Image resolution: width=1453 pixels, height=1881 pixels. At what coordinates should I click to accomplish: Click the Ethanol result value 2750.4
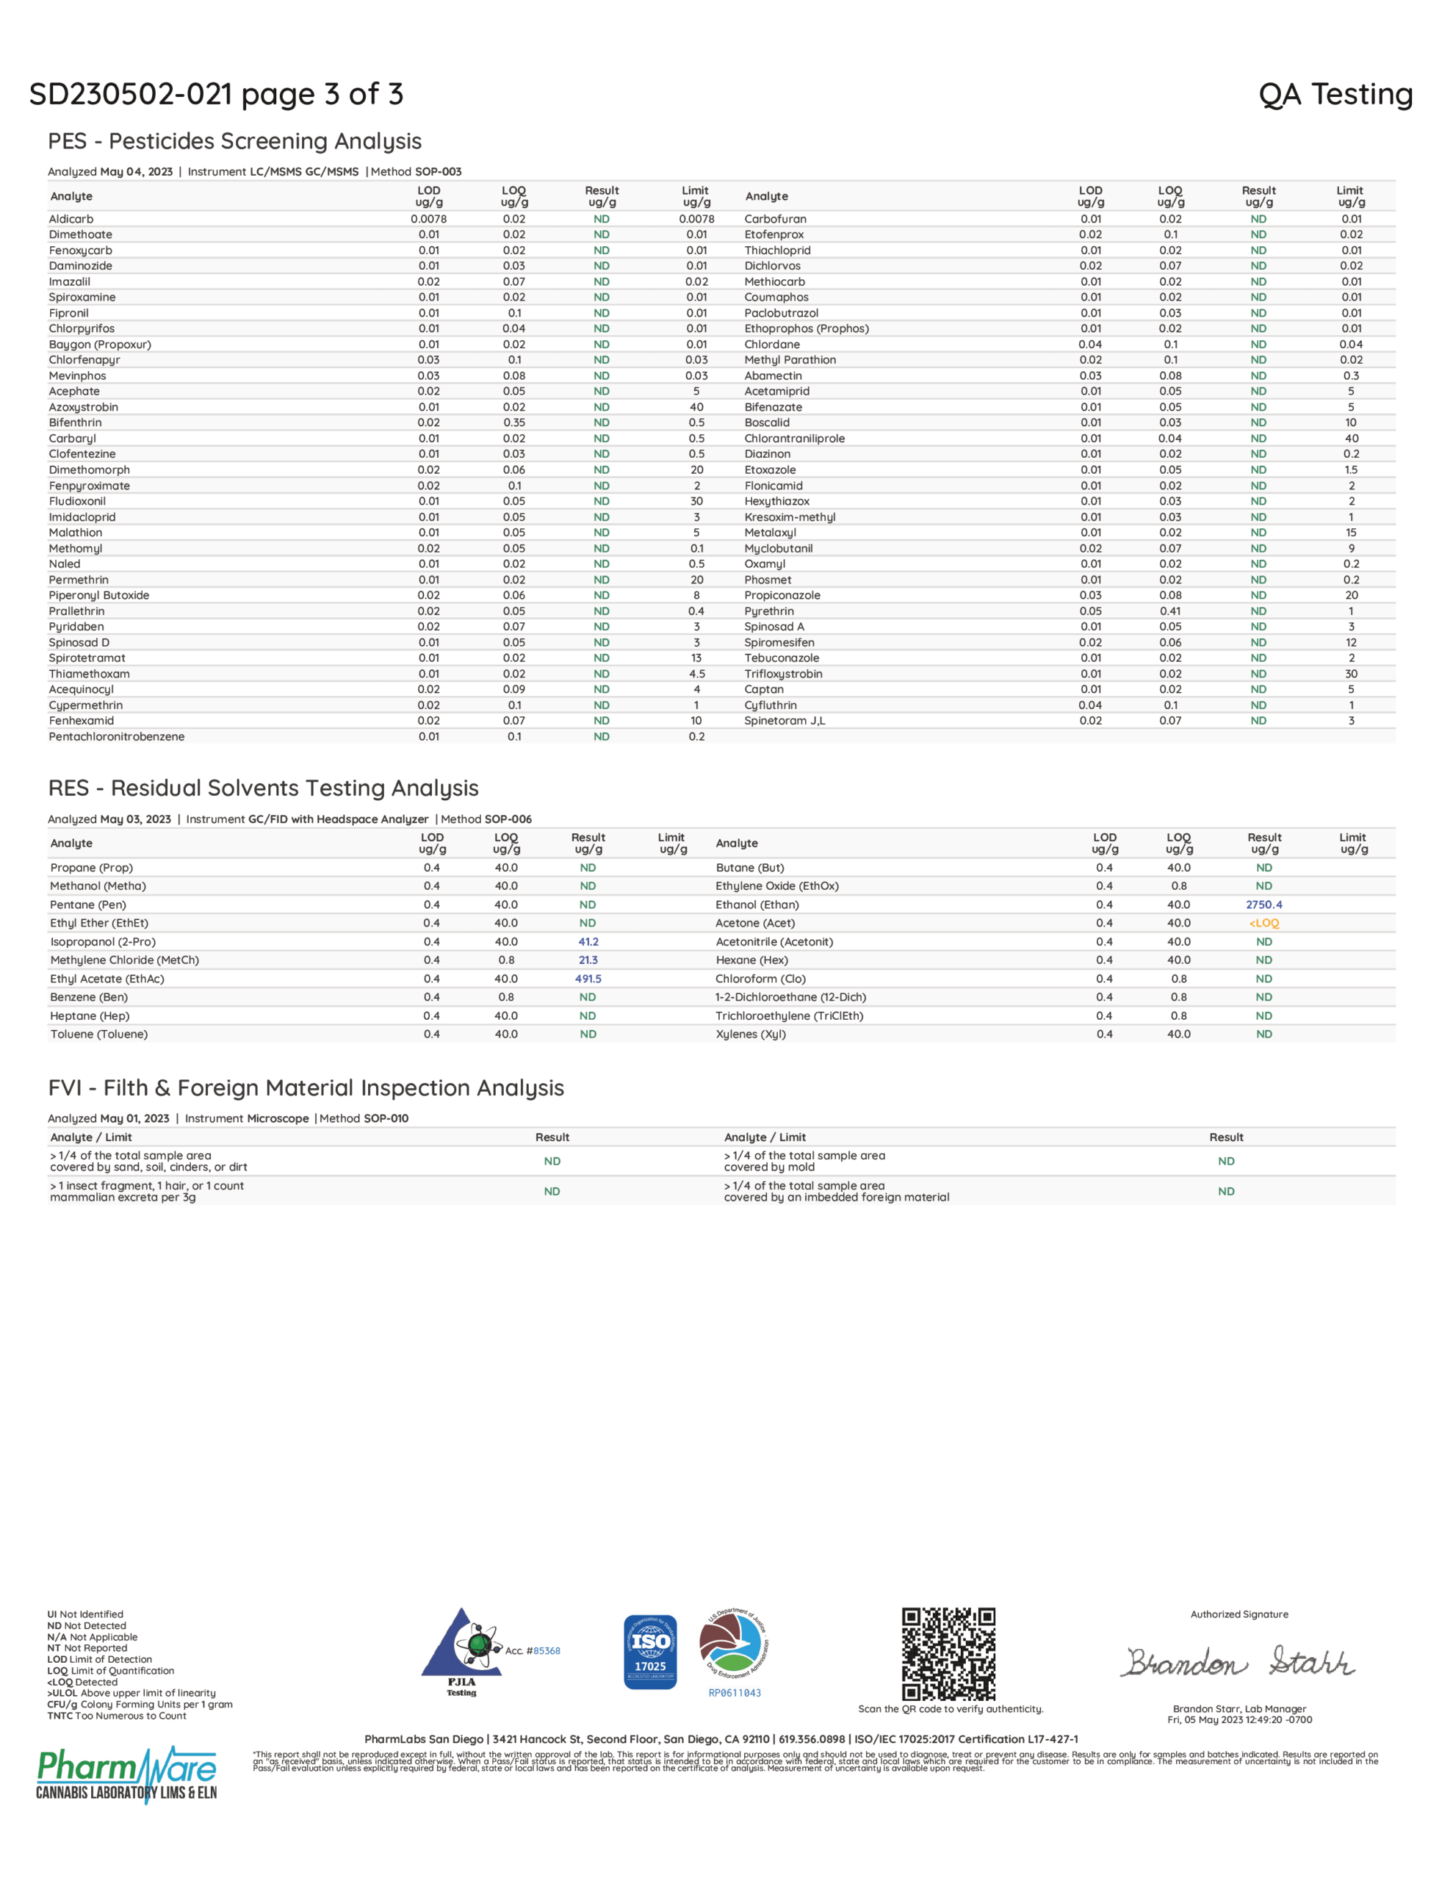[x=1263, y=904]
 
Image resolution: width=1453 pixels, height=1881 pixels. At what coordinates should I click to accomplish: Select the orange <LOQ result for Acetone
[x=1263, y=924]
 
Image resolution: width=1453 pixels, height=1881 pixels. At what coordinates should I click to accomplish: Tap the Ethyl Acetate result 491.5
[x=588, y=979]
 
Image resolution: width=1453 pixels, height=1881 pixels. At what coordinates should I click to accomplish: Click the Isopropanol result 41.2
[x=588, y=941]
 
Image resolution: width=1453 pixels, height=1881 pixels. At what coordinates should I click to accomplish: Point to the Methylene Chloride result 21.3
[x=588, y=960]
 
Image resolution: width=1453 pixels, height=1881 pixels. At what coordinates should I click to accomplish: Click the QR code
[x=948, y=1654]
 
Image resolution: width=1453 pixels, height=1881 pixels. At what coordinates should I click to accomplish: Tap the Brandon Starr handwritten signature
[x=1238, y=1661]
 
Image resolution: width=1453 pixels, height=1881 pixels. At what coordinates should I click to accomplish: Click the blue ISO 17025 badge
[x=650, y=1652]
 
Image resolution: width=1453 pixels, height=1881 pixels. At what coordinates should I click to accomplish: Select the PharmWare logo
[x=126, y=1774]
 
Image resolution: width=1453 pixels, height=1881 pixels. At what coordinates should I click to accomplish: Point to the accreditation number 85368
[x=547, y=1651]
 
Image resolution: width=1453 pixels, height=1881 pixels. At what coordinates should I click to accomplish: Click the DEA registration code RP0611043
[x=735, y=1693]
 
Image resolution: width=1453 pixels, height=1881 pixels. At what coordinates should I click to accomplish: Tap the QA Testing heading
[x=1335, y=94]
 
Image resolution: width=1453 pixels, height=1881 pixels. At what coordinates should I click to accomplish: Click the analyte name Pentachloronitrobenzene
[x=116, y=736]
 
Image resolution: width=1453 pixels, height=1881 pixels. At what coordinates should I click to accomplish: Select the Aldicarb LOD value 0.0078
[x=428, y=219]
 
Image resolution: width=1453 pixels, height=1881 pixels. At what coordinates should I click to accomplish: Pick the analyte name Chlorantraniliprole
[x=794, y=439]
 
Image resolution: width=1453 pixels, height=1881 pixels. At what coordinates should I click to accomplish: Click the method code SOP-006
[x=508, y=819]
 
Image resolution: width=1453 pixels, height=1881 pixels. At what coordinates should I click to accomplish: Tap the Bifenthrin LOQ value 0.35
[x=514, y=423]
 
